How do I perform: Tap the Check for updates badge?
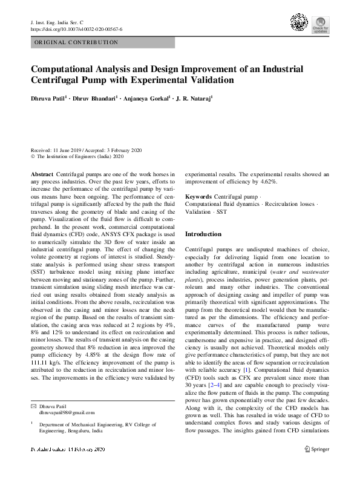[x=320, y=25]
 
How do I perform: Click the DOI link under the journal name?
[x=76, y=29]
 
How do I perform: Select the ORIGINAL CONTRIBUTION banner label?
[x=76, y=42]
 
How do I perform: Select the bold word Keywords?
[x=198, y=197]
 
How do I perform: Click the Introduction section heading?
[x=203, y=234]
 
